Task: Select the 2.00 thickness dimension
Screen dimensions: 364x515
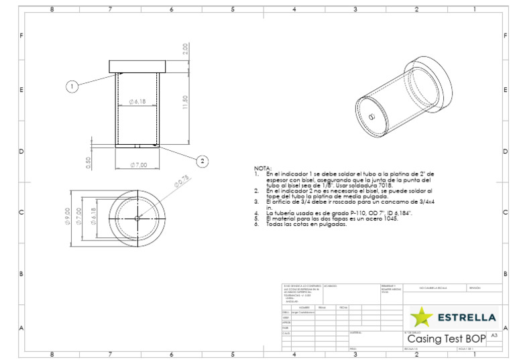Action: pos(185,50)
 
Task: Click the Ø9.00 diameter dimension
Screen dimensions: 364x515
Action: pos(68,218)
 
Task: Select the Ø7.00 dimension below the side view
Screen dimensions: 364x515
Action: pos(139,165)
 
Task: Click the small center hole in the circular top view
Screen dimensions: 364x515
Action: pos(137,218)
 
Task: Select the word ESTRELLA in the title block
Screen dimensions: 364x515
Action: pos(466,316)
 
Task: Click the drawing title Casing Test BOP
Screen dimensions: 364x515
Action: pos(446,339)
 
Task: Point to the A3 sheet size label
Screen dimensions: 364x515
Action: pos(494,335)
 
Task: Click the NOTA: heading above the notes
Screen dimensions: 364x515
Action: pos(262,168)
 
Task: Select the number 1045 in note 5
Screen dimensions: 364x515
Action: pos(390,219)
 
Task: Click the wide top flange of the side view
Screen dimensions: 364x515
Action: pos(137,66)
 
